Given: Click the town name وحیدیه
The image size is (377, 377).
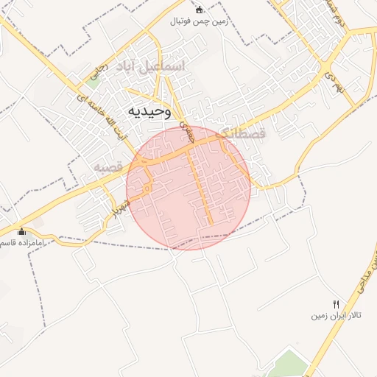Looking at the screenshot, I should (x=149, y=111).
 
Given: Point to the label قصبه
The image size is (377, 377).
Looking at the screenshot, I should (x=107, y=167).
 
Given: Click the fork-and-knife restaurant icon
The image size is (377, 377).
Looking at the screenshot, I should (x=337, y=304).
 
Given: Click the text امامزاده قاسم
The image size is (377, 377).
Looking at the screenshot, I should (x=22, y=242).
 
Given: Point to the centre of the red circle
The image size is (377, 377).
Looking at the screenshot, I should (x=188, y=188).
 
